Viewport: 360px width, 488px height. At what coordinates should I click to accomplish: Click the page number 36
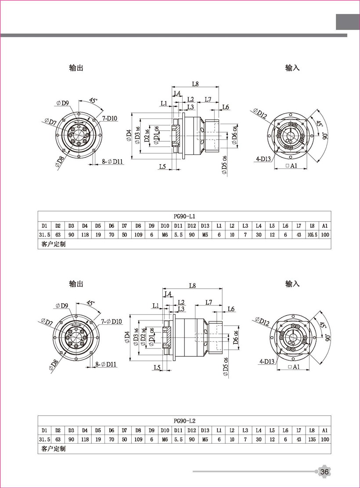[x=325, y=472]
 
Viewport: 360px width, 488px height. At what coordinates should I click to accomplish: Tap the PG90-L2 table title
[x=184, y=420]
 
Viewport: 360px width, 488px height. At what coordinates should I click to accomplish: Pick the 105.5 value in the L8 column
[x=312, y=235]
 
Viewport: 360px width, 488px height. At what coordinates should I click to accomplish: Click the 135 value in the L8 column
[x=312, y=438]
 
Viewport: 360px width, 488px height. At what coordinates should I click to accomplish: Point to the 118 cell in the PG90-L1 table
[x=85, y=235]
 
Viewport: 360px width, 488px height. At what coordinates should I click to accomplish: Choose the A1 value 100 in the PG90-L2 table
[x=325, y=438]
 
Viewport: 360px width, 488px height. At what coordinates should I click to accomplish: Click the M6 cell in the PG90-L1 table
[x=165, y=235]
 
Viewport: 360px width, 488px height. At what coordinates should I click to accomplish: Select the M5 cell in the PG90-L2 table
[x=205, y=438]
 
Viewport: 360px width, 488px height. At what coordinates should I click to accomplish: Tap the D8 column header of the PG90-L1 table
[x=138, y=226]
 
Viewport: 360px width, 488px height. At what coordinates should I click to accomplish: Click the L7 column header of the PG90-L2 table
[x=299, y=430]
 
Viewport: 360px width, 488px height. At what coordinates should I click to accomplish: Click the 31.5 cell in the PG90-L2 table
[x=45, y=438]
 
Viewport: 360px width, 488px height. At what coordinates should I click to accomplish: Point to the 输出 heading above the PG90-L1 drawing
[x=76, y=68]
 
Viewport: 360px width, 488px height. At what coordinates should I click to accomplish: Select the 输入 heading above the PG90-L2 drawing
[x=292, y=283]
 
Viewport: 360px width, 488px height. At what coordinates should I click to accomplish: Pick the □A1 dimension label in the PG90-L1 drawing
[x=292, y=166]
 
